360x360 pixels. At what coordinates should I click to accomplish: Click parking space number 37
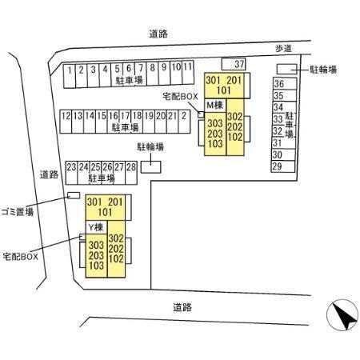tap(234, 64)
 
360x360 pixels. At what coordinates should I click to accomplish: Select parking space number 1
tap(70, 76)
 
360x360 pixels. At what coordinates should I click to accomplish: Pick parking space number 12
tap(66, 122)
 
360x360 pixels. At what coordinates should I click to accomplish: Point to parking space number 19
tap(149, 122)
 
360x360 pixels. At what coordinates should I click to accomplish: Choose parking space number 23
tap(71, 173)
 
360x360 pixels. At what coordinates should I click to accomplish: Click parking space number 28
tap(131, 173)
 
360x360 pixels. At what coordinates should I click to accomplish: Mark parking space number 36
tap(285, 84)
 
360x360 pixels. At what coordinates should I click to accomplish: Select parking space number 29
tap(283, 166)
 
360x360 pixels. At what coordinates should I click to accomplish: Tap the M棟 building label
tap(214, 105)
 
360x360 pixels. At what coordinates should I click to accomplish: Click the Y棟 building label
tap(96, 227)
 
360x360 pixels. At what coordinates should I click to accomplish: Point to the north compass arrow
tap(346, 318)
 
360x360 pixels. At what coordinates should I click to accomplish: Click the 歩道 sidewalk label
tap(283, 49)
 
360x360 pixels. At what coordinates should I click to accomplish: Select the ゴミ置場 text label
tap(18, 212)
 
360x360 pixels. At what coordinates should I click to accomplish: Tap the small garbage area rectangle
tap(74, 195)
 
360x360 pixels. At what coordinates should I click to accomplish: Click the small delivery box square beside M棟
tap(201, 114)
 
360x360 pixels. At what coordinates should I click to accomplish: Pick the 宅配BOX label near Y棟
tap(20, 257)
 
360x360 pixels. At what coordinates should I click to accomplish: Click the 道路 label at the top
tap(158, 34)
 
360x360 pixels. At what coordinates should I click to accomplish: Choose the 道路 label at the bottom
tap(182, 307)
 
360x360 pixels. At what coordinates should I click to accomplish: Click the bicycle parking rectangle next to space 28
tap(151, 167)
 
